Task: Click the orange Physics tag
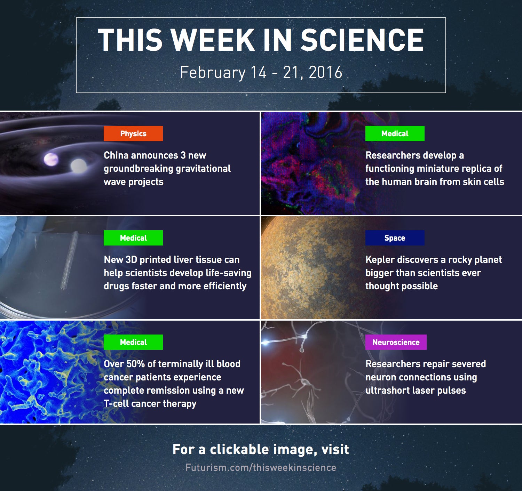pos(133,134)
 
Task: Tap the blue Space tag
pos(395,238)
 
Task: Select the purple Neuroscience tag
pos(396,342)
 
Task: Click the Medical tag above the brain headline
pos(395,134)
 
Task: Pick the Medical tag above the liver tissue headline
pos(133,238)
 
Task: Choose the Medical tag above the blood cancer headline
pos(133,342)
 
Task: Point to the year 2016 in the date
pos(325,72)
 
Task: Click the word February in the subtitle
pos(213,73)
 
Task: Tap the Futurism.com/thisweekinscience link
pos(261,468)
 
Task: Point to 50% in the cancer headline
pos(136,364)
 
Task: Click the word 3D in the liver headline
pos(131,259)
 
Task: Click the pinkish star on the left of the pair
pos(51,160)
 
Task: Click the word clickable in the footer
pos(239,450)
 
